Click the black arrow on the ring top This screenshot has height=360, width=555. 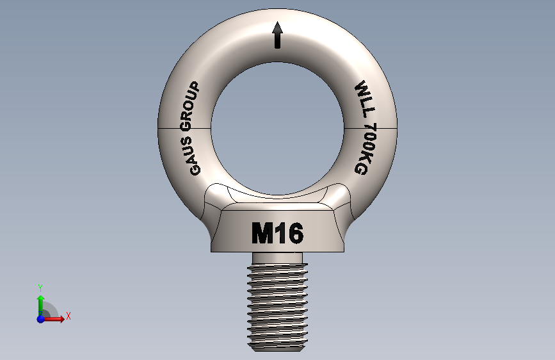tap(277, 35)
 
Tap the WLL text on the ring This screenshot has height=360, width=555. tap(364, 99)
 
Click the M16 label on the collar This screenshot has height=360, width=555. tap(277, 234)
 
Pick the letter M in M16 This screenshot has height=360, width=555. tap(262, 234)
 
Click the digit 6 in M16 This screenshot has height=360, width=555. tap(294, 234)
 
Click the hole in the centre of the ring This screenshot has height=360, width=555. tap(277, 127)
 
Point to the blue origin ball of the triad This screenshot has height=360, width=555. tap(41, 318)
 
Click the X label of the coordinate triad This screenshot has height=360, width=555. tap(68, 316)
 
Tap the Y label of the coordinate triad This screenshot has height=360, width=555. tap(40, 288)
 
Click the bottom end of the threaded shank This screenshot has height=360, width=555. tap(277, 348)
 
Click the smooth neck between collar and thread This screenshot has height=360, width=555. tap(277, 258)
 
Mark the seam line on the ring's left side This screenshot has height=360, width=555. tap(184, 128)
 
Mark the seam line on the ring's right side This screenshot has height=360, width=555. tap(371, 128)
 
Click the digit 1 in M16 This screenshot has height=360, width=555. tap(280, 234)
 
